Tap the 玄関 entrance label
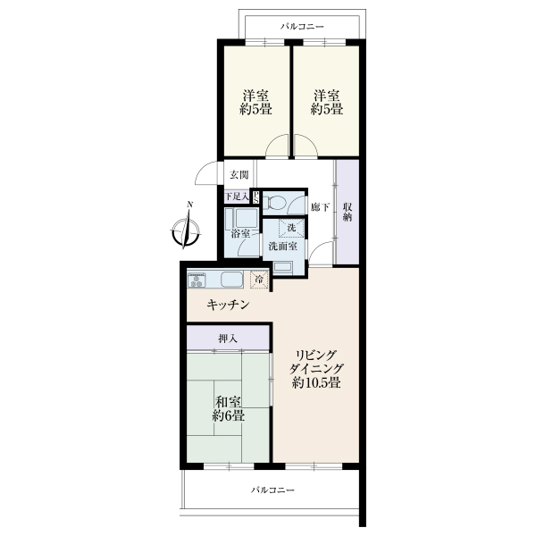pos(239,175)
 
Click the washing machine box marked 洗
pos(291,228)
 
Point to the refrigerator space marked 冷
pos(260,280)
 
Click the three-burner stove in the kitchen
pos(197,280)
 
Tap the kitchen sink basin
pos(231,280)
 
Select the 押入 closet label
pos(228,339)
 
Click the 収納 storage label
pos(348,212)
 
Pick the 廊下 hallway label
pos(320,207)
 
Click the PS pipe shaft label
pos(255,197)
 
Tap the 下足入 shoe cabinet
pos(237,197)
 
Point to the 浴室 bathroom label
pos(240,234)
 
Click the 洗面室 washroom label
pos(282,247)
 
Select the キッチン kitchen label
pos(228,305)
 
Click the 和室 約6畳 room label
pos(228,409)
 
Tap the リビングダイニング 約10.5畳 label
pos(316,369)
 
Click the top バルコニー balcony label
pos(302,26)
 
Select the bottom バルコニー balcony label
pos(272,490)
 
